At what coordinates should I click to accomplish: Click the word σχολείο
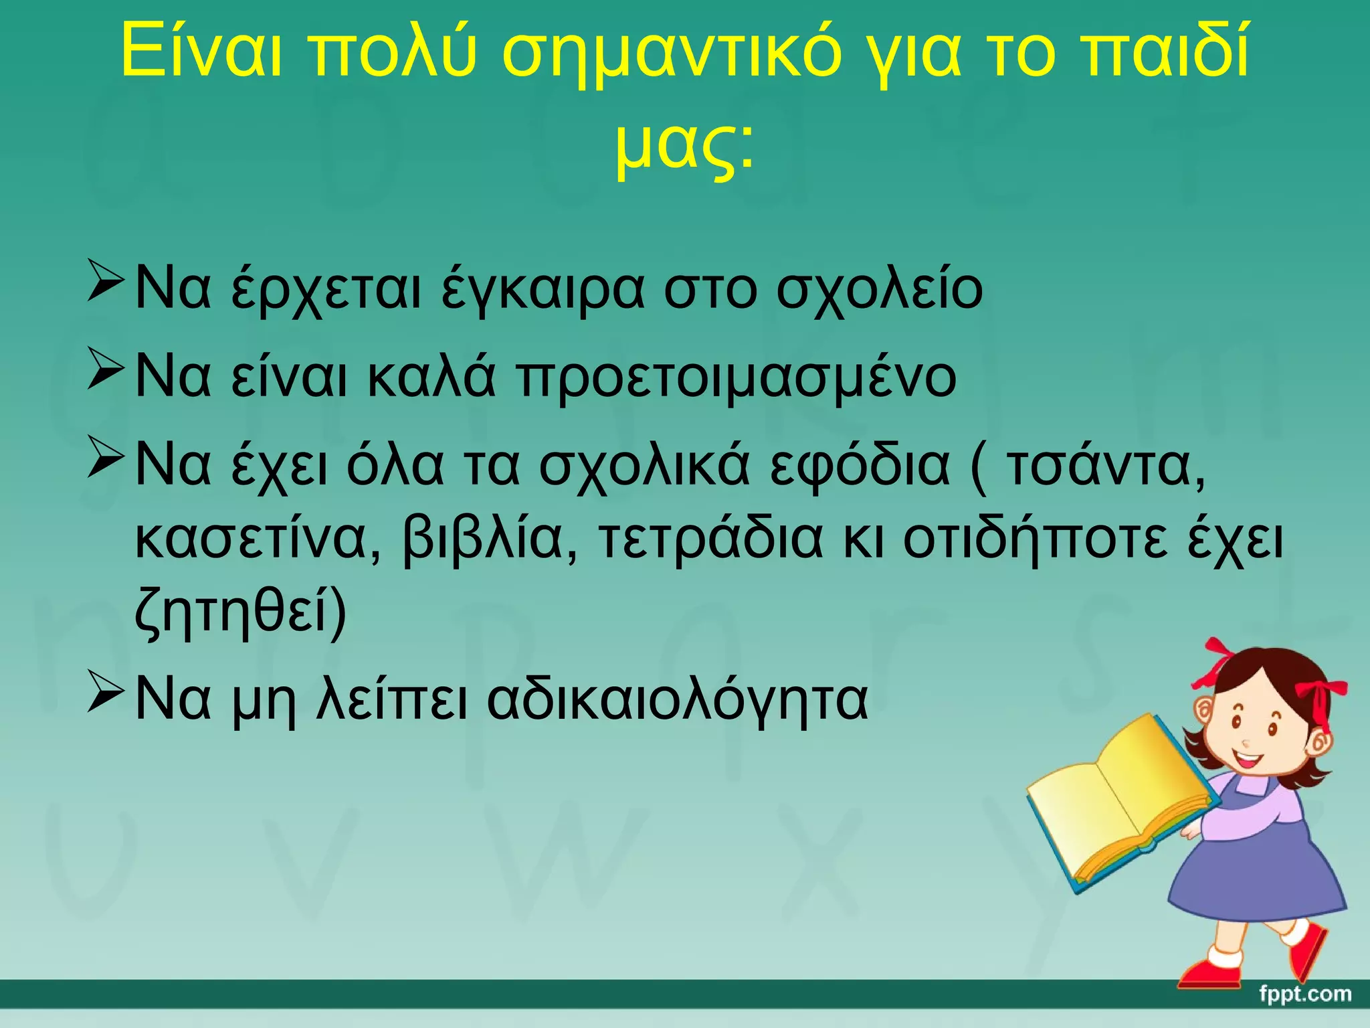879,291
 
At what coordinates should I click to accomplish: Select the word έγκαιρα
543,291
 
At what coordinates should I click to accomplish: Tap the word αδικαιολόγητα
677,700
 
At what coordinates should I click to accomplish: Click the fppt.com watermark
1305,995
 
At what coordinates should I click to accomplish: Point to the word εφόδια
859,465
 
